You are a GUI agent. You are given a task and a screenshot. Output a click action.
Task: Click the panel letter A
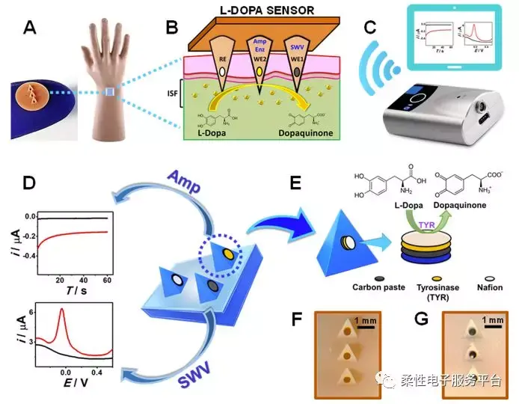tap(31, 28)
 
